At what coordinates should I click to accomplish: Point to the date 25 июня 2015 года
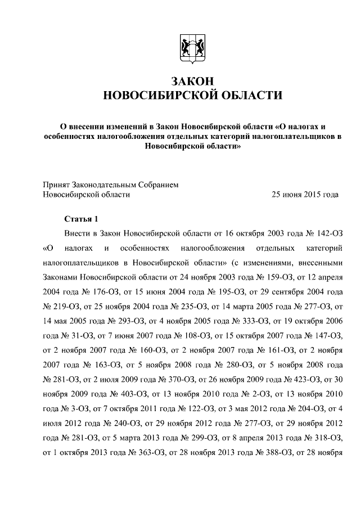(305, 195)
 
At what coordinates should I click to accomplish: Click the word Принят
(57, 184)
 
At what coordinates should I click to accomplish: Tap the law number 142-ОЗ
(326, 233)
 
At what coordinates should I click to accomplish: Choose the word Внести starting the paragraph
(78, 233)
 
